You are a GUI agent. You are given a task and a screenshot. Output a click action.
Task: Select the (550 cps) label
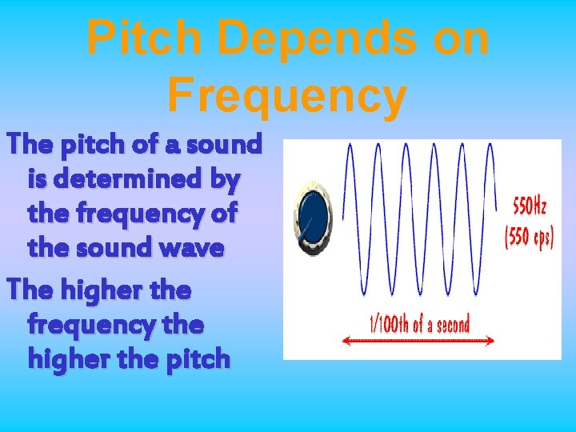point(528,239)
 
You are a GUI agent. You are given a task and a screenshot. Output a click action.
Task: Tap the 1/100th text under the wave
point(388,324)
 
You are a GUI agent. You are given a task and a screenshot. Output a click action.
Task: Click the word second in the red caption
point(450,324)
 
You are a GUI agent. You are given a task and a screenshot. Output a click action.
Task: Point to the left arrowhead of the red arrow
point(345,341)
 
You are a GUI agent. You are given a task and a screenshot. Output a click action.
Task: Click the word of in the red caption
point(418,324)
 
